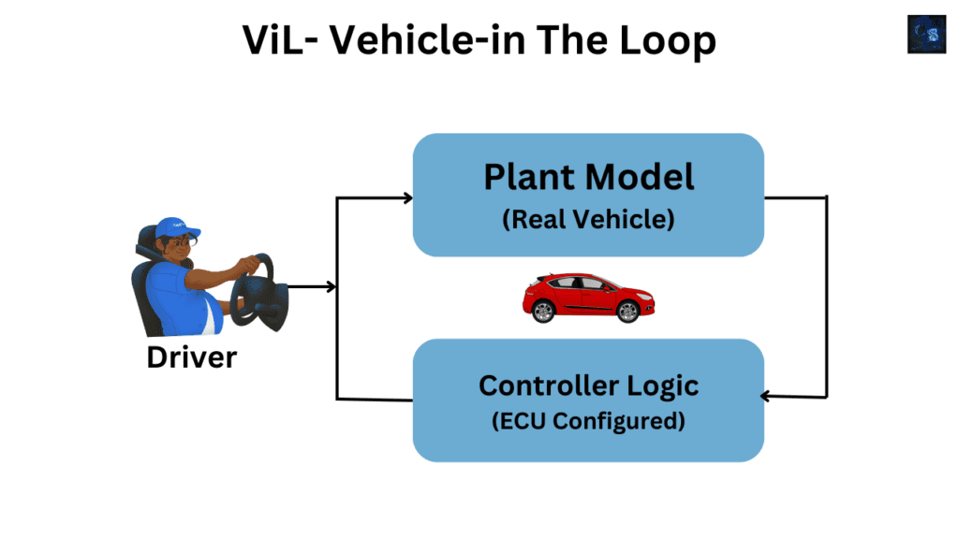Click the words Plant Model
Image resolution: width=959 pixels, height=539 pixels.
(x=588, y=177)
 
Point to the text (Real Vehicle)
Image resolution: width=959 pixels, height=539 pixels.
(x=588, y=221)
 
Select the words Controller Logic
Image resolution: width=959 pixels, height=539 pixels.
(x=588, y=385)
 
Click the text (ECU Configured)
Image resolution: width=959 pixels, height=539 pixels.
(x=588, y=421)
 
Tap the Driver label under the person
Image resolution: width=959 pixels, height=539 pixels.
(x=192, y=357)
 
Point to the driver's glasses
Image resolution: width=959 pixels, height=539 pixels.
(x=189, y=241)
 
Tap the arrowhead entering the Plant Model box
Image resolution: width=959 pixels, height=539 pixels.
(x=406, y=197)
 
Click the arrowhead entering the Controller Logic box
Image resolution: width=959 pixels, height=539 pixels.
(x=766, y=396)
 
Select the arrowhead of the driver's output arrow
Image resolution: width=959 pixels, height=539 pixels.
(x=330, y=287)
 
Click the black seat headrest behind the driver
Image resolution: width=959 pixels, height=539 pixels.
(x=147, y=242)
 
